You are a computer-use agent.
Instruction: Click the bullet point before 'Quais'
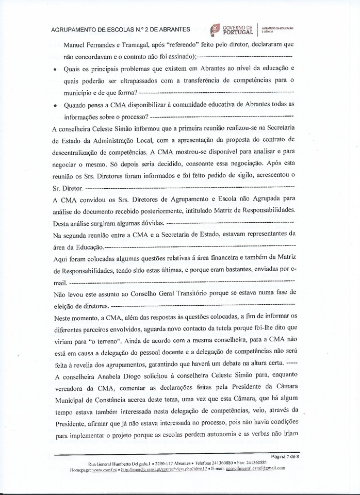[55, 69]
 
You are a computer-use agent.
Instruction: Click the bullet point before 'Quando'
[55, 105]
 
